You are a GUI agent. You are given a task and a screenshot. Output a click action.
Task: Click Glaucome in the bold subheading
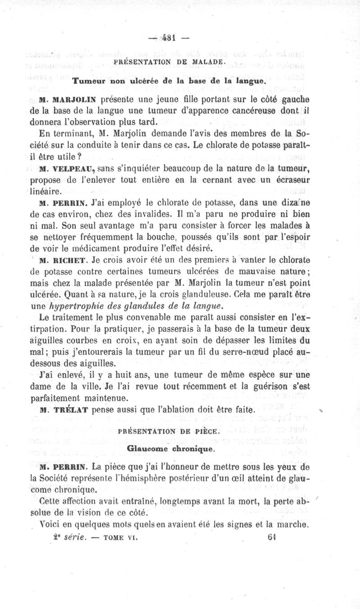click(x=147, y=448)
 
